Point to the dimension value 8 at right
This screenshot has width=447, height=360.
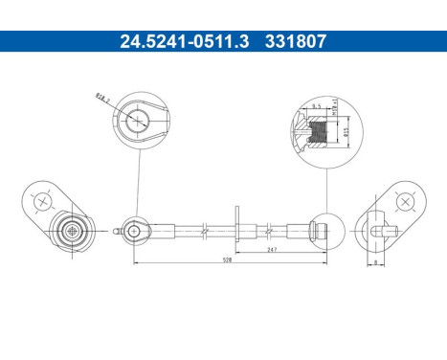(375, 260)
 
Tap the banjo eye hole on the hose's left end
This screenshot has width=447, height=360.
(136, 230)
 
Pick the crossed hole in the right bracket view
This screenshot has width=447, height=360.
(407, 201)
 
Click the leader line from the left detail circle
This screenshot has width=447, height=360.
(138, 187)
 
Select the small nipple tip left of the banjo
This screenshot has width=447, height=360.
(118, 231)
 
